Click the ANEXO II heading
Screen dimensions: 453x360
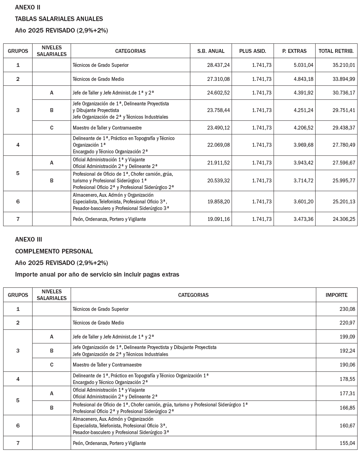[x=28, y=7]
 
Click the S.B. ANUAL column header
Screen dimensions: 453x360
[x=211, y=51]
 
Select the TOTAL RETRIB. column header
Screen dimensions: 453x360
[x=336, y=51]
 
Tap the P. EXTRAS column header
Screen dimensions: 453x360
[x=294, y=51]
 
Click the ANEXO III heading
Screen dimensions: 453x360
[x=29, y=239]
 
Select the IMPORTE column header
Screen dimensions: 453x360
[x=336, y=295]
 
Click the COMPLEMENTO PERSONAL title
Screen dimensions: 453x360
[x=54, y=251]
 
